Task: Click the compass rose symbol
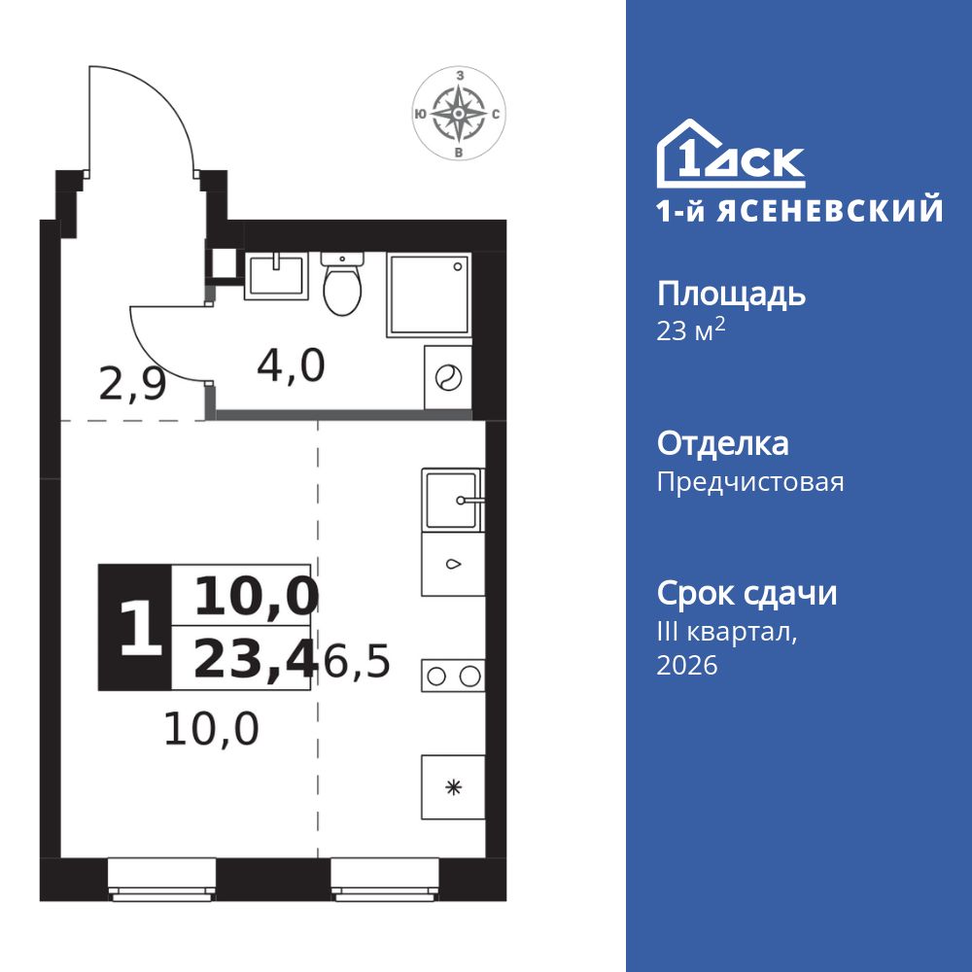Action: (x=458, y=114)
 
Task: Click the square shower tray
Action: (x=429, y=295)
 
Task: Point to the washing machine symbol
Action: (x=448, y=378)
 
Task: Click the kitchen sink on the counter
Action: (x=452, y=500)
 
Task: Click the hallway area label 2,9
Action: (x=133, y=385)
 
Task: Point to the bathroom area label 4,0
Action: (x=291, y=366)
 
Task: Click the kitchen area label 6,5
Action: (x=357, y=664)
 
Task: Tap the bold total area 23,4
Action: (x=256, y=660)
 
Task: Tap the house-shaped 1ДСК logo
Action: (x=731, y=156)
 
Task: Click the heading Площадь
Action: (x=731, y=294)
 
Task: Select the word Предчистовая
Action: (x=750, y=482)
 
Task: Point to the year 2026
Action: (x=687, y=666)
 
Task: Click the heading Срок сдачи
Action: (x=746, y=593)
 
